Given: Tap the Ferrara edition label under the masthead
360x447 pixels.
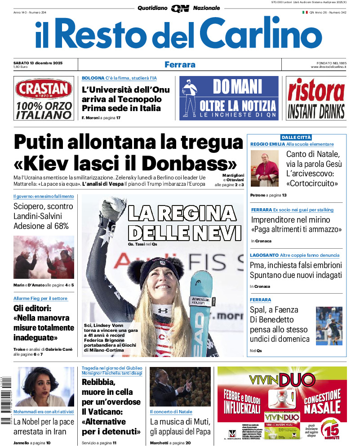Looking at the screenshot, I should pyautogui.click(x=180, y=64).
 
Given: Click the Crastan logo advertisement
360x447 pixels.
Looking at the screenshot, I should pyautogui.click(x=44, y=98).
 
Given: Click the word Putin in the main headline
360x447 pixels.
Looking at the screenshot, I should pyautogui.click(x=45, y=143).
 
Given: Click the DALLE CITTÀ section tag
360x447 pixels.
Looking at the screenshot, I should pyautogui.click(x=296, y=137).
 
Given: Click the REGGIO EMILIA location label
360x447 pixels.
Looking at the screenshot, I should pyautogui.click(x=267, y=144).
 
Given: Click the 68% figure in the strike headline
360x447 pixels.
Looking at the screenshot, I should pyautogui.click(x=61, y=226).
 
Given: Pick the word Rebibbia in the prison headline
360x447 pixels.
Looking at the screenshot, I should pyautogui.click(x=98, y=382).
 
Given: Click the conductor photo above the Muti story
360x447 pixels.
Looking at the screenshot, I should pyautogui.click(x=180, y=387).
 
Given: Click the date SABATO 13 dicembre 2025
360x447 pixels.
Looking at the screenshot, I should pyautogui.click(x=38, y=63).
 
